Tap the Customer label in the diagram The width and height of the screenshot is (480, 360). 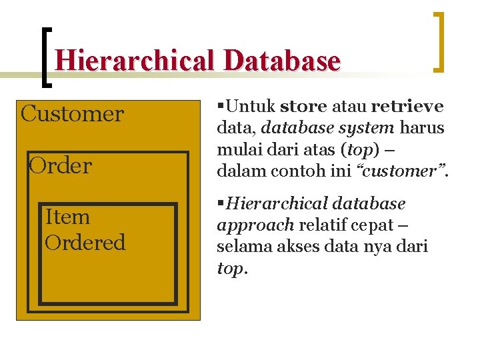tap(72, 114)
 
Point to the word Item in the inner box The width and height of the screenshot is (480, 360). tap(67, 217)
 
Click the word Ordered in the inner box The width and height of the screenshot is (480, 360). tap(85, 242)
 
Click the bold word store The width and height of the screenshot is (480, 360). tap(303, 107)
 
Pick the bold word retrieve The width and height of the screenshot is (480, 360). tap(407, 107)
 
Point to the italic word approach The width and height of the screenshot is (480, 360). tap(255, 225)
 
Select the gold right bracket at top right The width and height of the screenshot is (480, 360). tap(439, 41)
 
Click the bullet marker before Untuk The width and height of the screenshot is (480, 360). tap(221, 106)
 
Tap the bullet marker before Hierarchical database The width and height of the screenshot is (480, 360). tap(221, 203)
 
